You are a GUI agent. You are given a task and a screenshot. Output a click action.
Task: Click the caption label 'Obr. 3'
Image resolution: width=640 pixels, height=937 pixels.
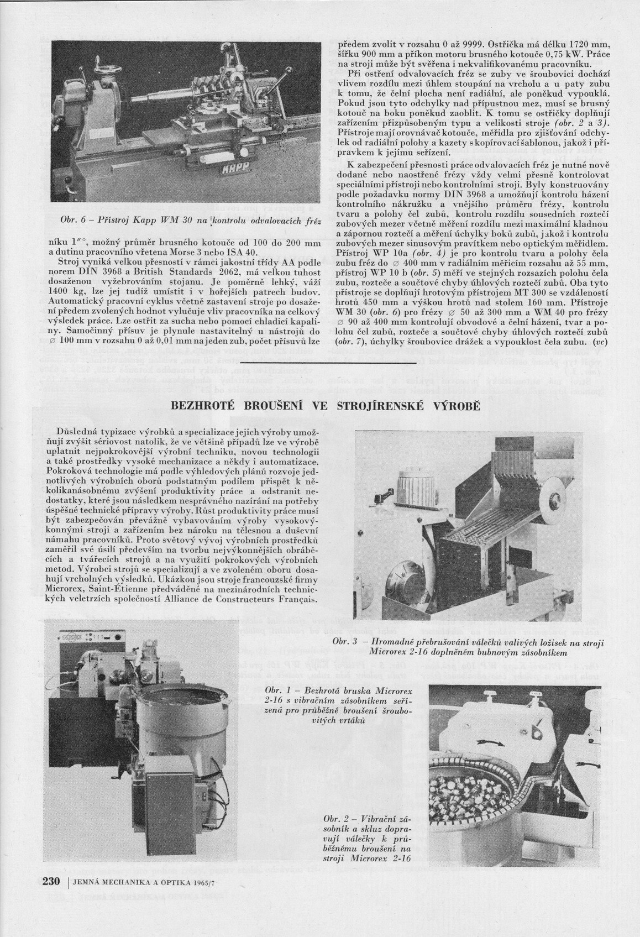(x=345, y=642)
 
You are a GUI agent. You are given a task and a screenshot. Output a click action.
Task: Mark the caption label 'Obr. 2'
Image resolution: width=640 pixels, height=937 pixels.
(x=338, y=820)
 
